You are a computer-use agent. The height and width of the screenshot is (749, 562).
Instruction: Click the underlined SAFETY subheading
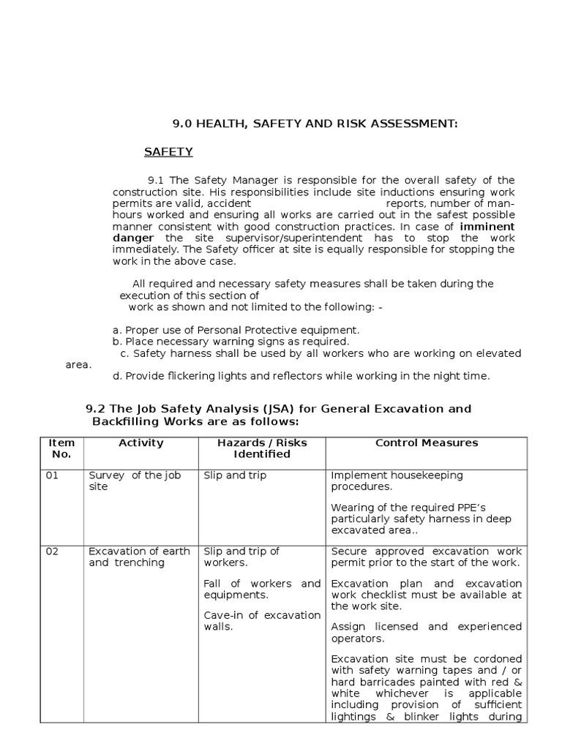tap(168, 152)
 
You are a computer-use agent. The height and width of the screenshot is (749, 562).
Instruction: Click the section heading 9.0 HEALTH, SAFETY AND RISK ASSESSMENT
tap(315, 124)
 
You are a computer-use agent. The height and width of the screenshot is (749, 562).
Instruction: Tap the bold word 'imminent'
tap(487, 227)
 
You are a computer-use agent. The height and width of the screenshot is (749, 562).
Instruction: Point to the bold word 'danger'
tap(132, 238)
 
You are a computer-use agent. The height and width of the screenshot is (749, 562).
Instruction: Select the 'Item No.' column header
tap(61, 448)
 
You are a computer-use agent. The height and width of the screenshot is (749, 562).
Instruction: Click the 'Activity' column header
tap(140, 443)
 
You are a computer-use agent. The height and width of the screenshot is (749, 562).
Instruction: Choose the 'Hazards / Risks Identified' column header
tap(262, 448)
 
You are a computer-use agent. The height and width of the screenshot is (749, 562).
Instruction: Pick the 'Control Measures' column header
tap(426, 443)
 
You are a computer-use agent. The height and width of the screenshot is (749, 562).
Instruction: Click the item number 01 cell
tap(52, 475)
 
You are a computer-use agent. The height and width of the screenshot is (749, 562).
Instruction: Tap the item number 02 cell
tap(52, 552)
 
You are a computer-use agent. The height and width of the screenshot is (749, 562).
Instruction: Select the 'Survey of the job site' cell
tap(134, 481)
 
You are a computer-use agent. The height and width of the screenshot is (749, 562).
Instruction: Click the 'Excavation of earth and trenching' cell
tap(139, 557)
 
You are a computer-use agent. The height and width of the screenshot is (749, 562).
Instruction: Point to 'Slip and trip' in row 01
tap(235, 475)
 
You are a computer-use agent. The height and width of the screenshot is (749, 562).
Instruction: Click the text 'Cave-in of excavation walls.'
tap(262, 621)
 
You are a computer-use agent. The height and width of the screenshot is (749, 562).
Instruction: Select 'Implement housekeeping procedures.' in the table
tap(397, 481)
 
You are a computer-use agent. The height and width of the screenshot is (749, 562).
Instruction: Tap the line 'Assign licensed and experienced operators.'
tap(426, 632)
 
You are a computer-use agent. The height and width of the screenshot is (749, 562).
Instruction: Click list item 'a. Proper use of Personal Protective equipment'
tap(236, 330)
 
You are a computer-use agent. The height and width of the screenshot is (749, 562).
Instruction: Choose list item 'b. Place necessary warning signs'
tap(231, 342)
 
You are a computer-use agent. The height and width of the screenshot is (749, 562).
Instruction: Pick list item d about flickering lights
tap(300, 376)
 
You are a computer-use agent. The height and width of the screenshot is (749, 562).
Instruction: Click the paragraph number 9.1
tap(157, 181)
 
